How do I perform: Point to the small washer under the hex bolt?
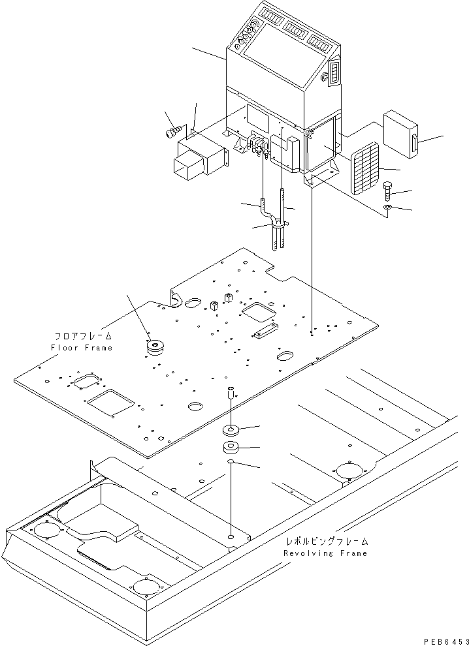387,208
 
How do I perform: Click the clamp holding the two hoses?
278,226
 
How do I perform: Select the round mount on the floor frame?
156,348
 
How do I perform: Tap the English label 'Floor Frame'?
81,348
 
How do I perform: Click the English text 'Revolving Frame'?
325,553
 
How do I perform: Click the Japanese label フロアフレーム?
82,336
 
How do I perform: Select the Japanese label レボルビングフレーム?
327,542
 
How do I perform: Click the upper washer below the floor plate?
232,430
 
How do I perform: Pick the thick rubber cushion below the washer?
232,448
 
